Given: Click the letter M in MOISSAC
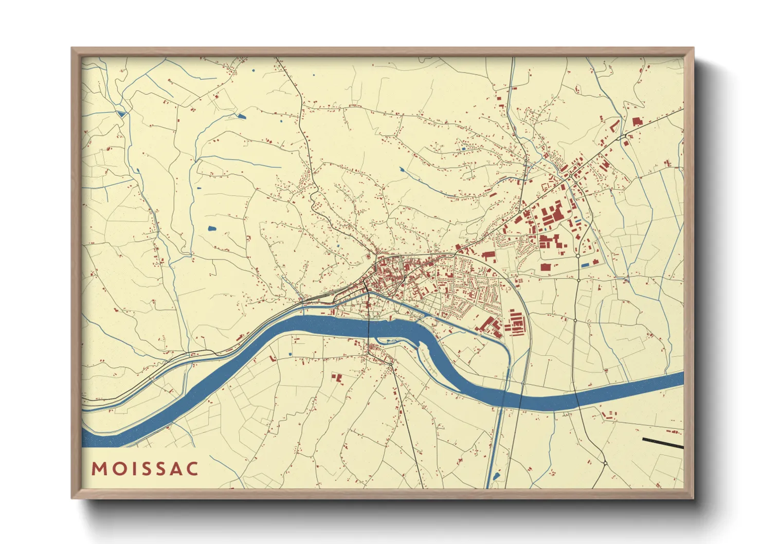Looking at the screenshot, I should (x=99, y=469).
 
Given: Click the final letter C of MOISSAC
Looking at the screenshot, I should (x=192, y=469).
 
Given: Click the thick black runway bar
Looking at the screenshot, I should (x=662, y=443).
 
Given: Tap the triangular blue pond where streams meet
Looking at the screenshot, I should (x=121, y=114).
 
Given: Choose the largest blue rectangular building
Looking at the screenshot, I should (x=585, y=265).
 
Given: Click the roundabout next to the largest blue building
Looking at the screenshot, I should (x=578, y=256).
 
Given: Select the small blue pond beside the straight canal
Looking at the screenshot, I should (x=496, y=477).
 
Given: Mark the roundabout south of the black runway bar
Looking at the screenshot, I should (x=605, y=463).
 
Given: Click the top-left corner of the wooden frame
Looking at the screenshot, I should (x=71, y=48).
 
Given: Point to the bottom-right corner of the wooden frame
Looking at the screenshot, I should (x=694, y=499).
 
